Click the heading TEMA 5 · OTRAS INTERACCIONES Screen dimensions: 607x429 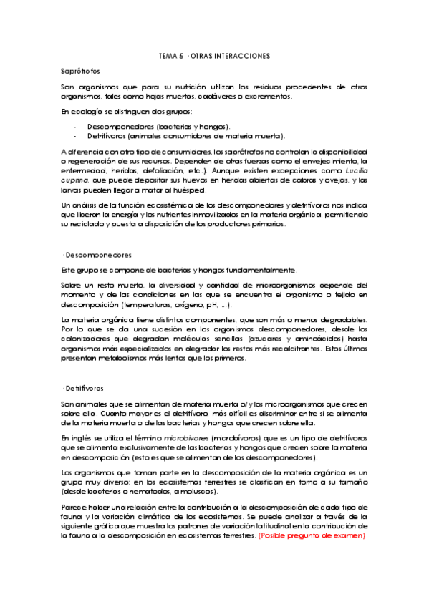coord(214,56)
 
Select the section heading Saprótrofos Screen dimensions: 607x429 coord(80,72)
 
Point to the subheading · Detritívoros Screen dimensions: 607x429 coord(84,388)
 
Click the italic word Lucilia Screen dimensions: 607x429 coord(355,171)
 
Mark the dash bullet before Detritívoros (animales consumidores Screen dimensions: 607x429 coord(75,135)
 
